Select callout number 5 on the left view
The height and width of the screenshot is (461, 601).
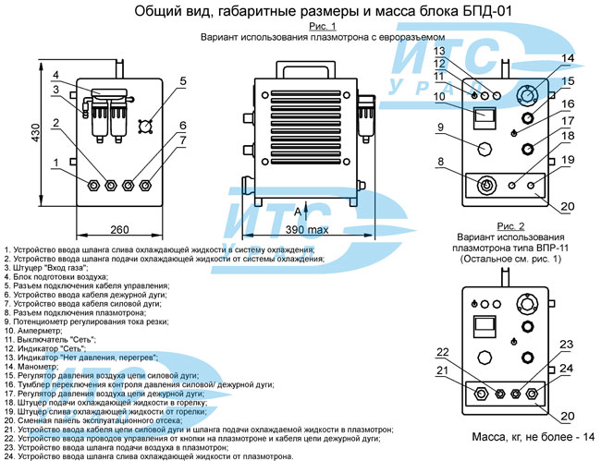pyautogui.click(x=183, y=80)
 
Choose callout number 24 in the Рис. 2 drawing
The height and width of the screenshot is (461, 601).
pyautogui.click(x=567, y=368)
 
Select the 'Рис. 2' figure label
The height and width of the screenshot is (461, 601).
pyautogui.click(x=509, y=226)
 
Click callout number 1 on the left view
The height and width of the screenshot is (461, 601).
pyautogui.click(x=57, y=164)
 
